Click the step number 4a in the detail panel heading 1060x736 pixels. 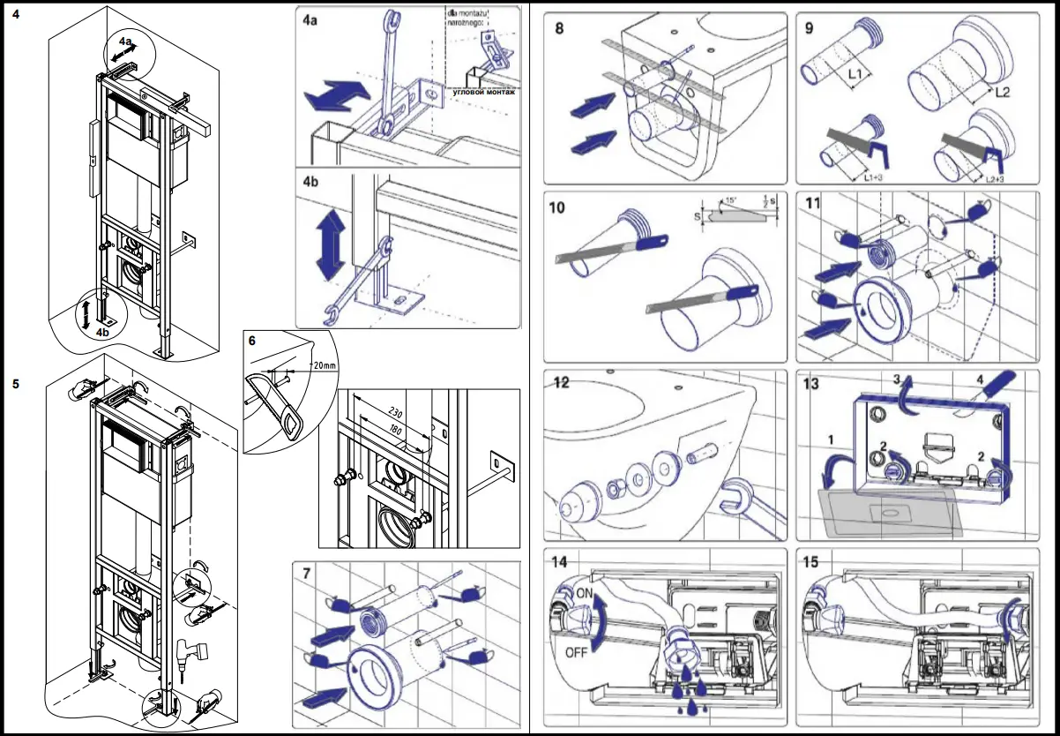point(311,20)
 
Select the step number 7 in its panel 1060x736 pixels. point(306,573)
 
